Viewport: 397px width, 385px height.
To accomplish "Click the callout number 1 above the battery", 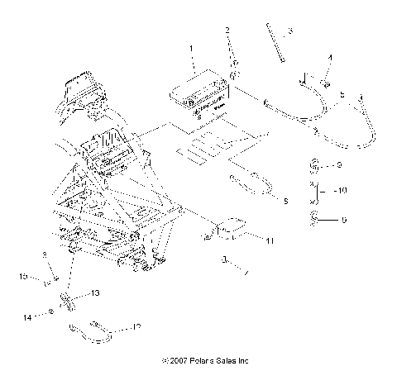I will click(192, 50).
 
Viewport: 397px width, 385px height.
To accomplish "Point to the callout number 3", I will click(290, 32).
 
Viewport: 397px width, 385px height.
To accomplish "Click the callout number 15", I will click(24, 275).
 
